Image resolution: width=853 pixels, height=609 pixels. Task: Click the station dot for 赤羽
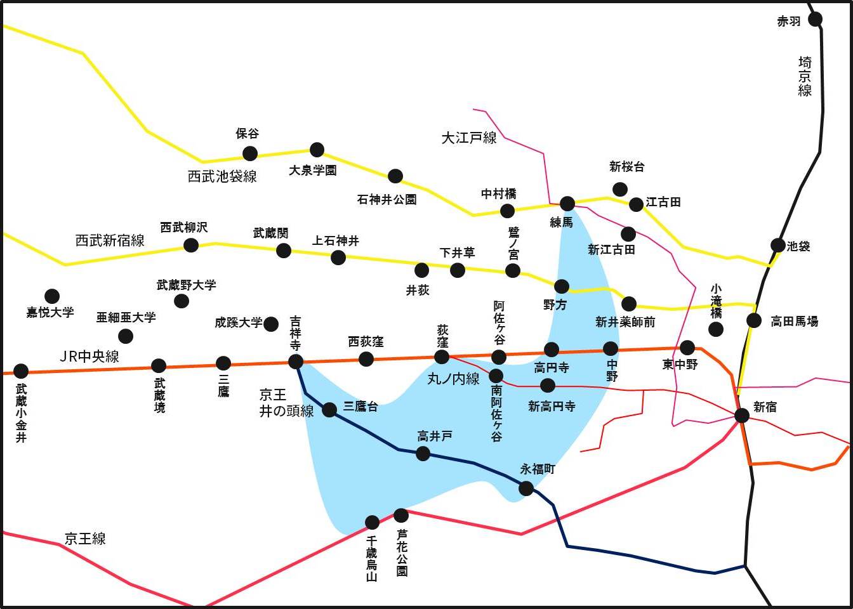click(816, 19)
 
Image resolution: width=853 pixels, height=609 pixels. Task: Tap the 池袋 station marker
click(778, 246)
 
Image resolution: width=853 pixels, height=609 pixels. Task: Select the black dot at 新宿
click(741, 416)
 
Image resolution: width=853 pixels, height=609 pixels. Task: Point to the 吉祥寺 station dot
click(296, 362)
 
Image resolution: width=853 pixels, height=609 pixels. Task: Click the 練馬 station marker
click(567, 204)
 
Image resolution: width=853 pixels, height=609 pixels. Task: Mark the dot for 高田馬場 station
click(754, 320)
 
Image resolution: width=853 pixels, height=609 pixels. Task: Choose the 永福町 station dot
click(526, 488)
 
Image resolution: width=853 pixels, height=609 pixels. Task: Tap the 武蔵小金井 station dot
click(21, 370)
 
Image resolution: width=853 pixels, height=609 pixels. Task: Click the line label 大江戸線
click(469, 138)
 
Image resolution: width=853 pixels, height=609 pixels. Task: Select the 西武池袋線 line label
click(222, 176)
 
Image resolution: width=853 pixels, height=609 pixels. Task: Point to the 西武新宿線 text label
click(110, 240)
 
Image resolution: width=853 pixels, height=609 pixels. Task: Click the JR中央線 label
click(89, 357)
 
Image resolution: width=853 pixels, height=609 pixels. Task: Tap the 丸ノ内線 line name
click(454, 379)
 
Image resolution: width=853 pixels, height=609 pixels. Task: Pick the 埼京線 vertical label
click(805, 76)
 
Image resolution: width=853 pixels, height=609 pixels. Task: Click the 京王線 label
click(85, 539)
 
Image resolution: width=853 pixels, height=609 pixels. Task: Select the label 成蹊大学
click(238, 323)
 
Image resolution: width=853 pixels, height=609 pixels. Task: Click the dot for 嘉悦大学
click(52, 296)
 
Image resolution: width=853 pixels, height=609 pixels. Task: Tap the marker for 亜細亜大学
click(126, 336)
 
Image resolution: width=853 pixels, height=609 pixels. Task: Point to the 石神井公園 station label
click(387, 200)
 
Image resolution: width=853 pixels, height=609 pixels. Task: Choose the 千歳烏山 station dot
click(373, 523)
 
